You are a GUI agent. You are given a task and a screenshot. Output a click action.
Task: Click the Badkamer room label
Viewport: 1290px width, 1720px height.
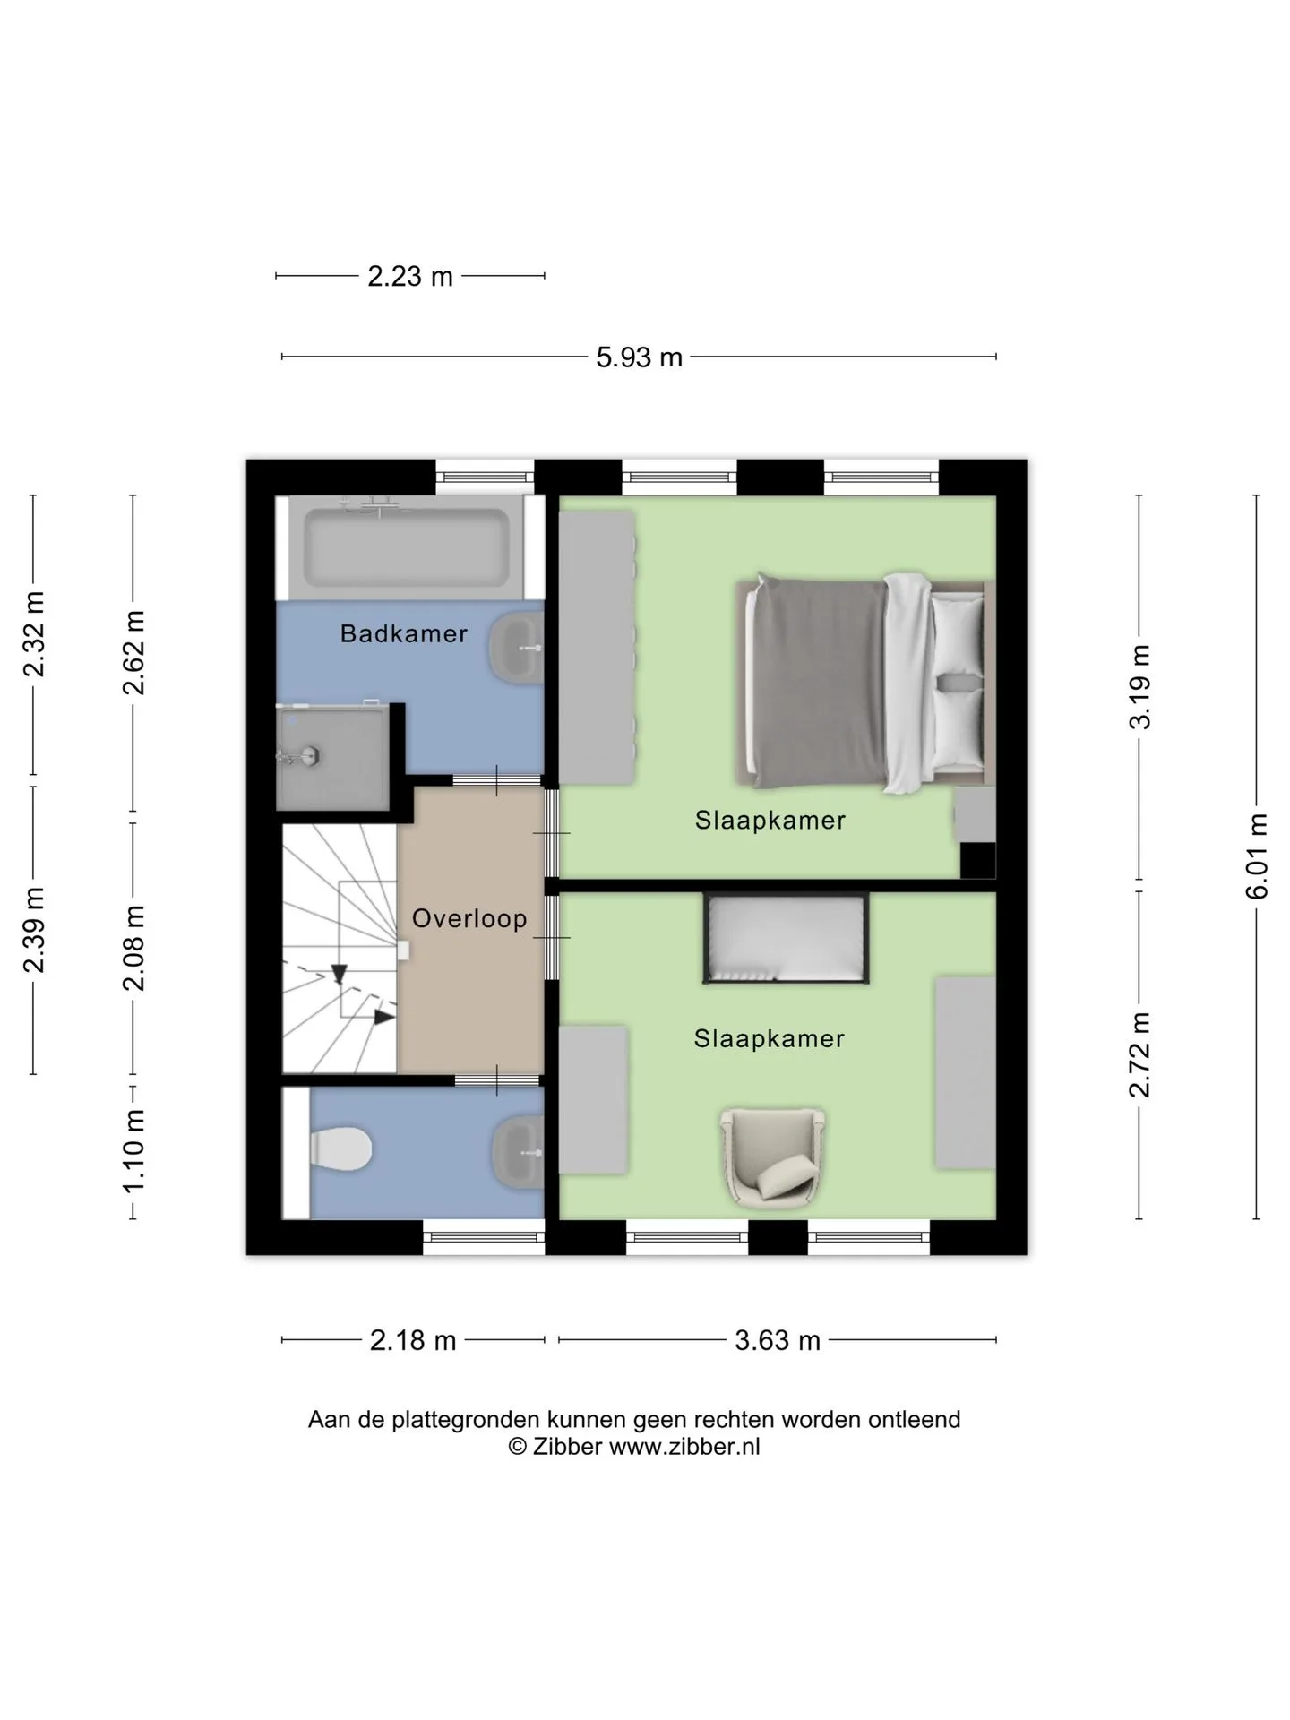(x=404, y=634)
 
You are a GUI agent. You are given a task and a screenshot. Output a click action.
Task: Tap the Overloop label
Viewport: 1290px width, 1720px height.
(x=469, y=919)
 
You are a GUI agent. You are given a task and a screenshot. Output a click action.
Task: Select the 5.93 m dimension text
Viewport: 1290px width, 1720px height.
(x=640, y=357)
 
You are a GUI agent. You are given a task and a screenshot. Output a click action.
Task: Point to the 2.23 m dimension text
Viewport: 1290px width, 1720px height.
(x=410, y=277)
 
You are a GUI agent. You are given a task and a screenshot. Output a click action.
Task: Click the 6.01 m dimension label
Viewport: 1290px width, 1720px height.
(x=1258, y=856)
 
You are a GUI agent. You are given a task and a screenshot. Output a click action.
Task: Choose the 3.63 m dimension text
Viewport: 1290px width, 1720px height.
(x=778, y=1341)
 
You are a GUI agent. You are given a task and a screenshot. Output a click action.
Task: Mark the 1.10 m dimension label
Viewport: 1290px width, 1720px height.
(x=133, y=1151)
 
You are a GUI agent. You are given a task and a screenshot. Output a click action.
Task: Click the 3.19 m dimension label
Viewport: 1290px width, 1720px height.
(x=1139, y=687)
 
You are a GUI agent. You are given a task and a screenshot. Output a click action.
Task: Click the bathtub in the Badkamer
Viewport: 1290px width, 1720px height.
(x=407, y=547)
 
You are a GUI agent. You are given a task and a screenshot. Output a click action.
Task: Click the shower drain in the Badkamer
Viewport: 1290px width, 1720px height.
(x=310, y=755)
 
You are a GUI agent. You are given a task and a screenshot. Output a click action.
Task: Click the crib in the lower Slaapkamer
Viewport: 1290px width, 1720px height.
(x=787, y=938)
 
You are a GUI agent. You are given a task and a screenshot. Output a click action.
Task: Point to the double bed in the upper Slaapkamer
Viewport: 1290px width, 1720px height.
(x=865, y=684)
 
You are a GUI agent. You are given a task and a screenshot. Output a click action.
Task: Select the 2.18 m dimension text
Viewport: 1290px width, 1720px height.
(x=413, y=1341)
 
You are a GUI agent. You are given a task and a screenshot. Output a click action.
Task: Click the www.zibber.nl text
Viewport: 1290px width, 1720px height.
(x=684, y=1446)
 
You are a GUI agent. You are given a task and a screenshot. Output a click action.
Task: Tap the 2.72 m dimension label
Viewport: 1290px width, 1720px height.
(x=1139, y=1054)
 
